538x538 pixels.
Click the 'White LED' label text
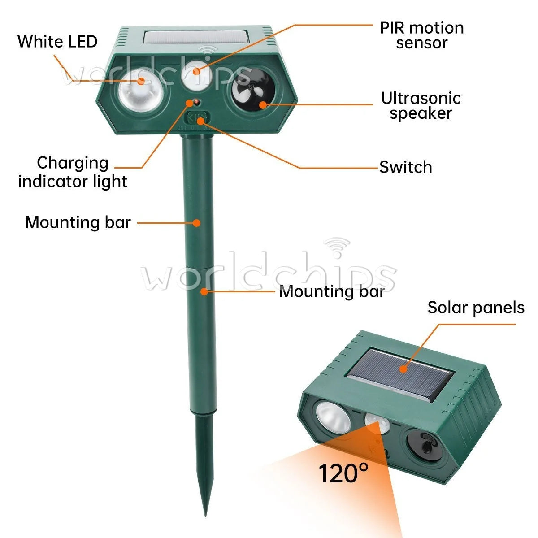57,42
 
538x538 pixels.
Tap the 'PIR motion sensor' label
421,35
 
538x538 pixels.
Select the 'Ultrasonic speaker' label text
421,106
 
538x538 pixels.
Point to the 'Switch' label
405,167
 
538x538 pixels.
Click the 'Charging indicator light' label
73,172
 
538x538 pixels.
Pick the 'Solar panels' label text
476,308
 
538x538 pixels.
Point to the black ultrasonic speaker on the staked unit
253,89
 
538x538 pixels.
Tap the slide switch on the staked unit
197,118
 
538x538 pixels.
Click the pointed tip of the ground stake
205,516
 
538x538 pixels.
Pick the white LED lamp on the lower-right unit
332,418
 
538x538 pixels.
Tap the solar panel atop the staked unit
196,37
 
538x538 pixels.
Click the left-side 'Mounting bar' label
78,222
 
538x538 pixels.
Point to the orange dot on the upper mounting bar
197,223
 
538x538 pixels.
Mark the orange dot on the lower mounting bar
204,291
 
